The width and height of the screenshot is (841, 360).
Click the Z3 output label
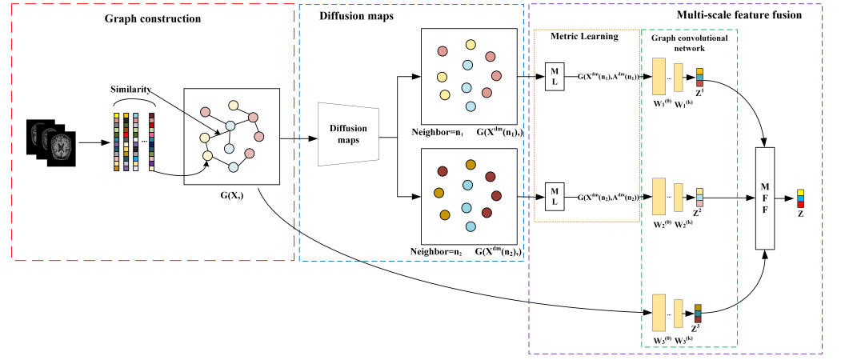(699, 330)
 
